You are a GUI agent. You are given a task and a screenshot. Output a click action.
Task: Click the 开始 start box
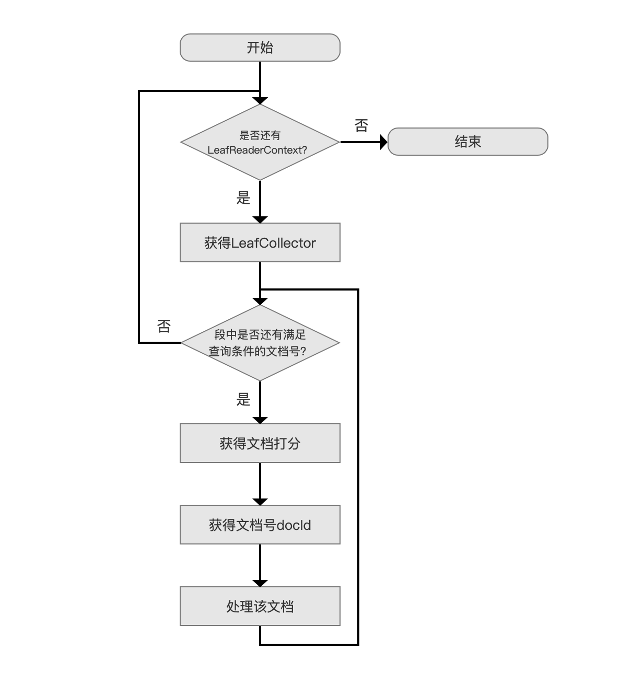[260, 48]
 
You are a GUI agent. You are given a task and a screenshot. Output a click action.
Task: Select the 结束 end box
[467, 142]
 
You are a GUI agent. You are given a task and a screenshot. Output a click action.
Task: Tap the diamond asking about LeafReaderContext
[260, 142]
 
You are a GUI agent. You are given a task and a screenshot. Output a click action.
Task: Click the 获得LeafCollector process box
[260, 242]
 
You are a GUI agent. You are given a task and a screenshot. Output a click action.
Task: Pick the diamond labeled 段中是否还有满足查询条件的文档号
[260, 343]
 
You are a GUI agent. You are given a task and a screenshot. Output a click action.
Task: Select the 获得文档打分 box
[260, 443]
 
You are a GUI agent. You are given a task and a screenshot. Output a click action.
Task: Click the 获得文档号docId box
[260, 525]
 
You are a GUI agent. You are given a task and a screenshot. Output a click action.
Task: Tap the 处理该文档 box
[260, 606]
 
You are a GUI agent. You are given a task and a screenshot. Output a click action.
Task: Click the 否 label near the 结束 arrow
[361, 125]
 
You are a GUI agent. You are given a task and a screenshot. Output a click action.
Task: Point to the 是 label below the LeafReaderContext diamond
[243, 198]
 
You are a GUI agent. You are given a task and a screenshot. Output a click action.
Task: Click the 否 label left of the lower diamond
[163, 326]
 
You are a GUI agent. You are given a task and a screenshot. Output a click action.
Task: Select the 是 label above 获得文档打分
[243, 399]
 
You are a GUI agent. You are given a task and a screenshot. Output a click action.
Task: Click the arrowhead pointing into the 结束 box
[384, 142]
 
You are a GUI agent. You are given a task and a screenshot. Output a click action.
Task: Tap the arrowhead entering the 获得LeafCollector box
[260, 219]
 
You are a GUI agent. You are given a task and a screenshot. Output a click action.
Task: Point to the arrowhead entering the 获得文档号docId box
[260, 502]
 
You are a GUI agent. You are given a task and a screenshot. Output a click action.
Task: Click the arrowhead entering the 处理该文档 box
[260, 583]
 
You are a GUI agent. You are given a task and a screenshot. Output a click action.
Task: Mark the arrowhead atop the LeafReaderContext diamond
[260, 101]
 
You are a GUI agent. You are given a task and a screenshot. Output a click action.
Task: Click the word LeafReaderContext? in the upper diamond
[257, 150]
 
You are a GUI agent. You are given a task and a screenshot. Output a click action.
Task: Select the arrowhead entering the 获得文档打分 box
[260, 420]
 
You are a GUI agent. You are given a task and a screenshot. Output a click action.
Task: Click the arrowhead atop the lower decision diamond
[260, 301]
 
